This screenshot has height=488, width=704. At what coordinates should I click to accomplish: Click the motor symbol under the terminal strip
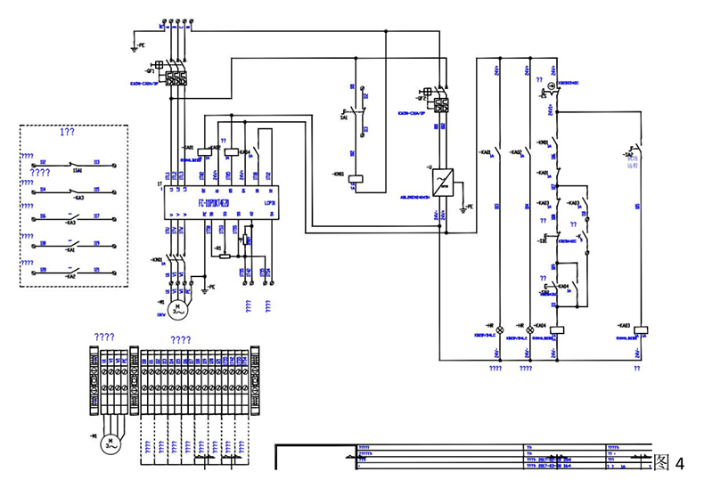(x=109, y=442)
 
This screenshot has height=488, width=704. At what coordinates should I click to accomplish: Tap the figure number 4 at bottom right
(x=680, y=463)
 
